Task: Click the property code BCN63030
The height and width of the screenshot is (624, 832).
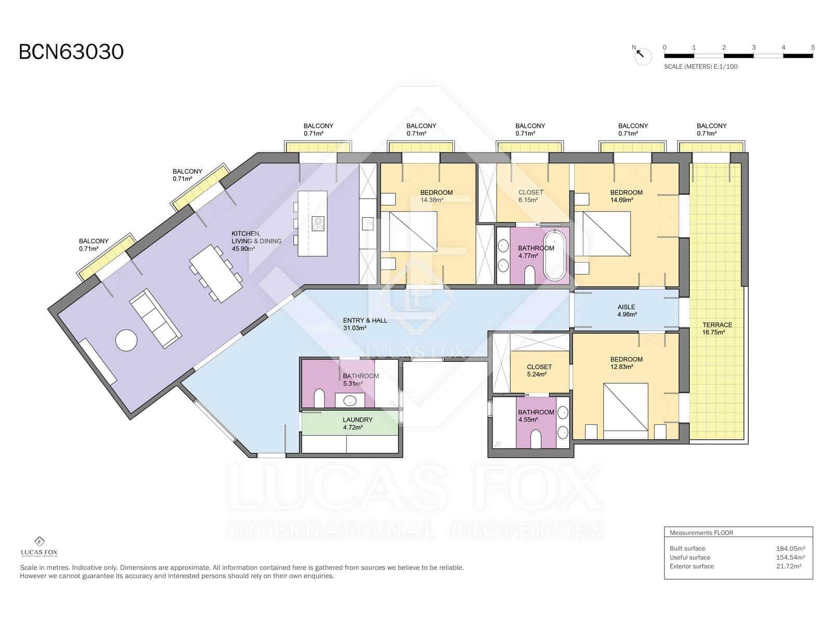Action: click(x=71, y=52)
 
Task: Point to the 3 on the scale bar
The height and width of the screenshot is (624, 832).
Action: click(x=753, y=47)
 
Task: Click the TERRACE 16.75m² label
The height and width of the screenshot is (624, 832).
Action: click(x=717, y=328)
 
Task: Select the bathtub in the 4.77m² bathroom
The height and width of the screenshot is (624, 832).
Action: click(x=555, y=256)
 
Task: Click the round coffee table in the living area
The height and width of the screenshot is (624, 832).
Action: click(x=126, y=341)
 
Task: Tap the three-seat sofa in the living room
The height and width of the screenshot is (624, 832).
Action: click(x=155, y=319)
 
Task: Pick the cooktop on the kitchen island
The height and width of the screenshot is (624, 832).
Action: click(x=318, y=224)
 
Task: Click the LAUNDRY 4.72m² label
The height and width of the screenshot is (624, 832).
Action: click(x=357, y=423)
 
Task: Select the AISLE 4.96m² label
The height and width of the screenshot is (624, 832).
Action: click(x=626, y=310)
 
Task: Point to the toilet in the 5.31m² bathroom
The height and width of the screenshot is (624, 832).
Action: click(x=319, y=399)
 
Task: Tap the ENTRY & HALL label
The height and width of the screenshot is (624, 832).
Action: click(x=365, y=324)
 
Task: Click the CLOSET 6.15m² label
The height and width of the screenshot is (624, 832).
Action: click(x=530, y=196)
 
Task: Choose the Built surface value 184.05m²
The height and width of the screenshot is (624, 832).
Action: click(x=790, y=548)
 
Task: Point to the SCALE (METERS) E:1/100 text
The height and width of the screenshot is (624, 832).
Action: click(x=700, y=67)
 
